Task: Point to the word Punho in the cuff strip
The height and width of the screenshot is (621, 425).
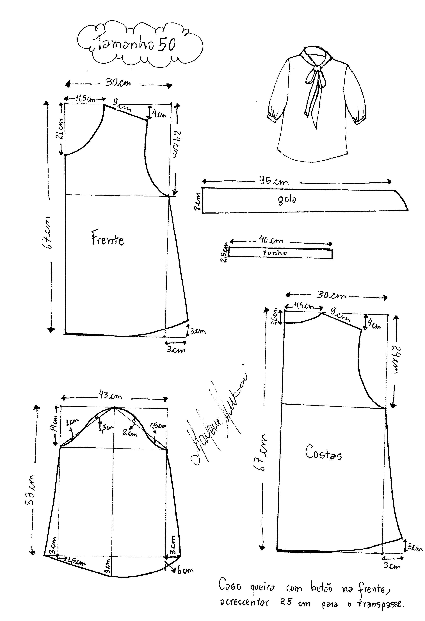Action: [x=275, y=253]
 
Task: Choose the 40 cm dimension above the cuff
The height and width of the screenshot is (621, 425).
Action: [x=271, y=240]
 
